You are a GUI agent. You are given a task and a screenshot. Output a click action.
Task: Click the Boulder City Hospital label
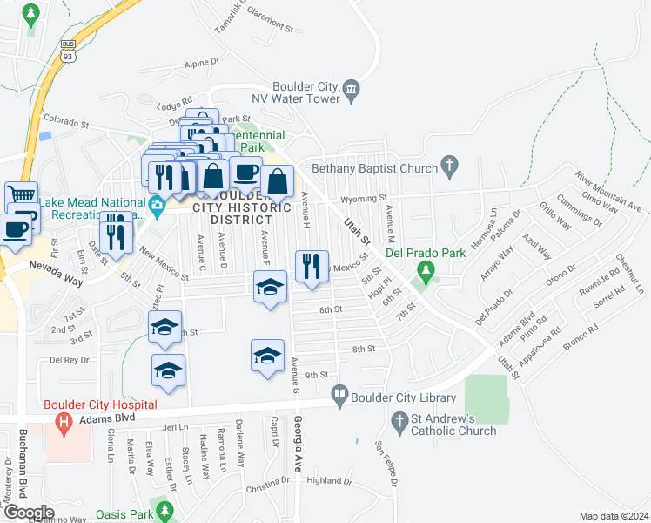(100, 404)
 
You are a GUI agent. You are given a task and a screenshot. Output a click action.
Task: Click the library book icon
(341, 397)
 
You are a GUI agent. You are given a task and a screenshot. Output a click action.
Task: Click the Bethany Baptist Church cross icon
(449, 165)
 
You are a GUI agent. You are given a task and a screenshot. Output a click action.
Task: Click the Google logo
(29, 513)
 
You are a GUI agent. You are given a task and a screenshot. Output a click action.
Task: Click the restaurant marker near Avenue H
(312, 266)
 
